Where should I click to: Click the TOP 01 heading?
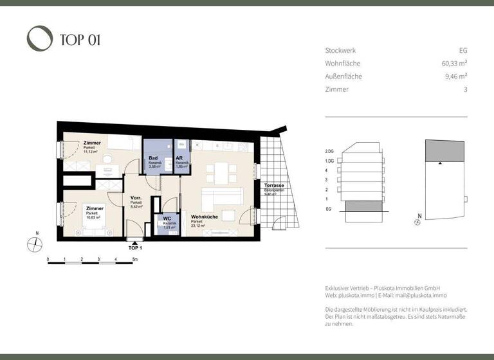click(80, 40)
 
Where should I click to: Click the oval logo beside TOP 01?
click(39, 39)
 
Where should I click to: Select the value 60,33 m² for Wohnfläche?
click(450, 63)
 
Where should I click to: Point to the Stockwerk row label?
click(340, 50)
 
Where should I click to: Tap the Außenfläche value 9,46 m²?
click(455, 76)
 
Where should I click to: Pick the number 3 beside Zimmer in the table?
click(465, 89)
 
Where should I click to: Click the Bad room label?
click(153, 158)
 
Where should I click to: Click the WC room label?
click(167, 219)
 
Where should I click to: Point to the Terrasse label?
click(274, 185)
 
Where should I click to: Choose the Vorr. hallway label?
click(136, 197)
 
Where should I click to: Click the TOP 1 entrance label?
click(135, 248)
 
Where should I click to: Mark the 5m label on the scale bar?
click(133, 260)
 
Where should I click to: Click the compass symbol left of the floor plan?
click(35, 244)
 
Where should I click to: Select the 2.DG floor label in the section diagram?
click(331, 151)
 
